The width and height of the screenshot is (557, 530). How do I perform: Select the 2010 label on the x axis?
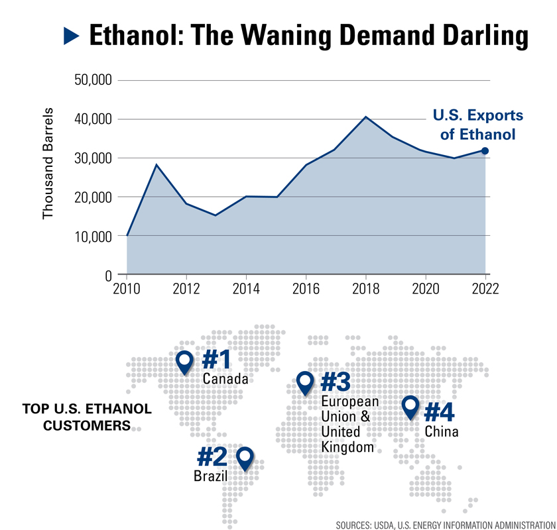pyautogui.click(x=127, y=289)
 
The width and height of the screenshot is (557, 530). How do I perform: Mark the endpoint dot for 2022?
pyautogui.click(x=485, y=151)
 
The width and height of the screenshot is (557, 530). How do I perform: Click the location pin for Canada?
pyautogui.click(x=185, y=361)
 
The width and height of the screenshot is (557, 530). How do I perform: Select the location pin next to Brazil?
pyautogui.click(x=245, y=458)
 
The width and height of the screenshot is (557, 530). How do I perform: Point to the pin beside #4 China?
pyautogui.click(x=410, y=407)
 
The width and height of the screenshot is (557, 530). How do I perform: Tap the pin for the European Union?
pyautogui.click(x=305, y=382)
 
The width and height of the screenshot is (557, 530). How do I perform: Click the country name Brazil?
pyautogui.click(x=210, y=476)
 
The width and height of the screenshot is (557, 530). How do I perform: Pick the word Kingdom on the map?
pyautogui.click(x=347, y=447)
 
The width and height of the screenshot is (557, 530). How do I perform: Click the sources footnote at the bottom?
pyautogui.click(x=444, y=525)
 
